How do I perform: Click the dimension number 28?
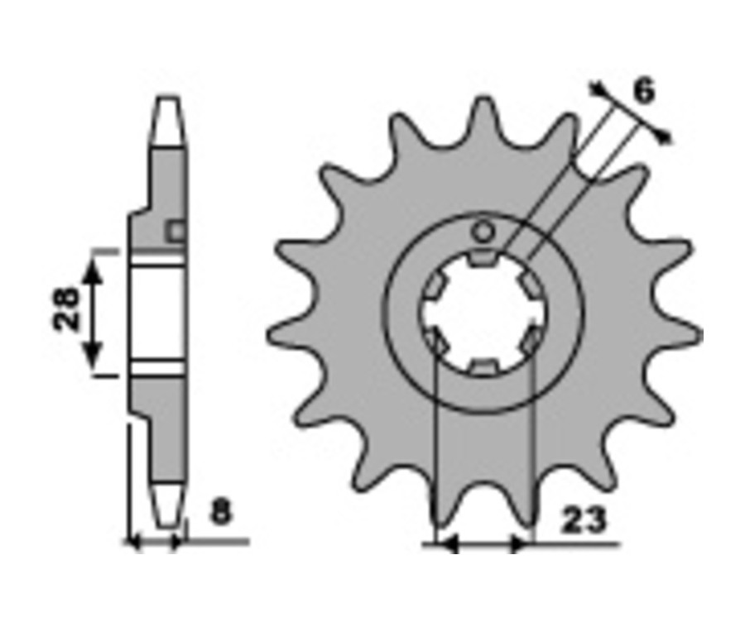pyautogui.click(x=65, y=309)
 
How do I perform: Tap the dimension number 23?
pyautogui.click(x=584, y=520)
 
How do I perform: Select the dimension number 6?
pyautogui.click(x=644, y=91)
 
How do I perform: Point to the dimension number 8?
pyautogui.click(x=220, y=512)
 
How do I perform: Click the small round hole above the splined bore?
pyautogui.click(x=483, y=232)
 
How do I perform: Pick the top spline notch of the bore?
pyautogui.click(x=483, y=258)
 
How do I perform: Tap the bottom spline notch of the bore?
pyautogui.click(x=483, y=367)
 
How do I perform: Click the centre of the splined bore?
pyautogui.click(x=483, y=313)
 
